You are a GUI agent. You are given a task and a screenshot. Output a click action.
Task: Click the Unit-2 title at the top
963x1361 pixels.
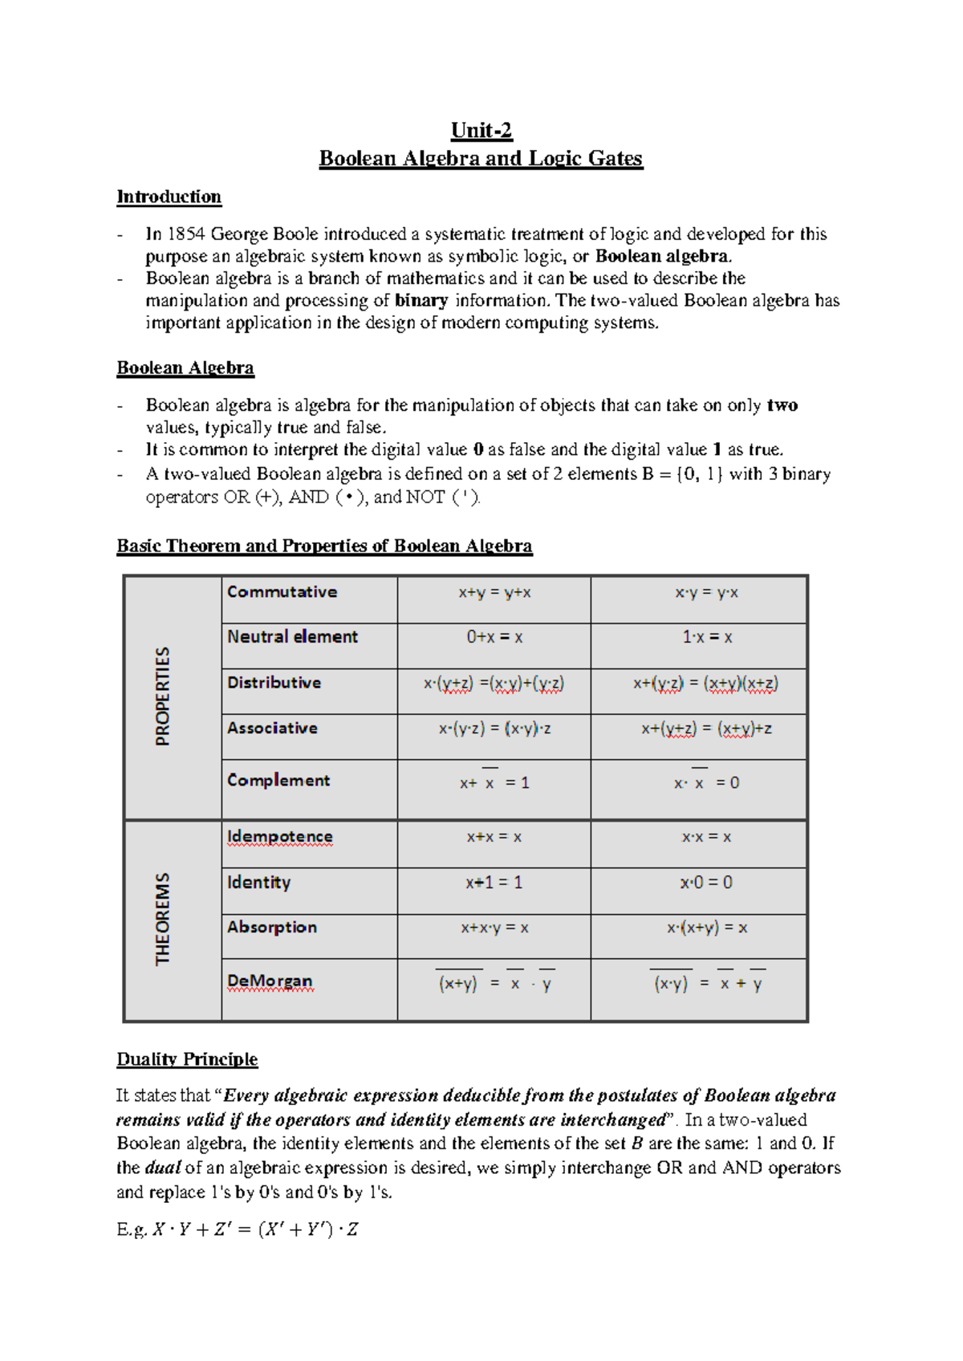pyautogui.click(x=481, y=131)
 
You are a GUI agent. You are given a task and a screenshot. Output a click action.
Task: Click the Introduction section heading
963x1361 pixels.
pyautogui.click(x=169, y=197)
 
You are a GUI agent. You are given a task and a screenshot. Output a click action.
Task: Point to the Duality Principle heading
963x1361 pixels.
pyautogui.click(x=187, y=1059)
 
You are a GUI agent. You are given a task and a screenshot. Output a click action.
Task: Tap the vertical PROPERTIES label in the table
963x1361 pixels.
pyautogui.click(x=163, y=697)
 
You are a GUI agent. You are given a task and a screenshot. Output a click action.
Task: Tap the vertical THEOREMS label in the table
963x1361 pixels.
pyautogui.click(x=163, y=920)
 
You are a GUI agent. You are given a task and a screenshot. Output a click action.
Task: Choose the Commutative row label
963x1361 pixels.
pyautogui.click(x=282, y=592)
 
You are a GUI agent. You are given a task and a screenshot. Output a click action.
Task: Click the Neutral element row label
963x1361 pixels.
pyautogui.click(x=292, y=637)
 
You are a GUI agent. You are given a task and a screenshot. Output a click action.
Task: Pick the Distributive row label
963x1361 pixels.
pyautogui.click(x=274, y=683)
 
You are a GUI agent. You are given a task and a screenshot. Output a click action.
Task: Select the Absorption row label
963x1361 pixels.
pyautogui.click(x=272, y=928)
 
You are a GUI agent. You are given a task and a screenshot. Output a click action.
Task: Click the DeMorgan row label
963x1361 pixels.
pyautogui.click(x=270, y=981)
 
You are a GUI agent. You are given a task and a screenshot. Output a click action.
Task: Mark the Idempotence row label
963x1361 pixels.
pyautogui.click(x=279, y=837)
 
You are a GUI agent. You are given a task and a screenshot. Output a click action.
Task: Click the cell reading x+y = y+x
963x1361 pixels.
pyautogui.click(x=494, y=593)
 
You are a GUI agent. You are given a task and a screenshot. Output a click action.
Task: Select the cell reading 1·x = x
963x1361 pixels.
pyautogui.click(x=707, y=638)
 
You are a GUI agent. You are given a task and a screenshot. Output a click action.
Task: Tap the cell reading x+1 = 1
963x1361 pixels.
pyautogui.click(x=494, y=883)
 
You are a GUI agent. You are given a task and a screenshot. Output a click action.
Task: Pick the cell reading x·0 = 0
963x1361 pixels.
pyautogui.click(x=706, y=883)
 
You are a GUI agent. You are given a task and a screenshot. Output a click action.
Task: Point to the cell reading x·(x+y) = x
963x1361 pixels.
pyautogui.click(x=707, y=928)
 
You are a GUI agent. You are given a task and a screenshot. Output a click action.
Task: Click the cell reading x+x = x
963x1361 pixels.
pyautogui.click(x=494, y=837)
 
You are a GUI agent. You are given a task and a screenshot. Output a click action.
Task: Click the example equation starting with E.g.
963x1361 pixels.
pyautogui.click(x=238, y=1229)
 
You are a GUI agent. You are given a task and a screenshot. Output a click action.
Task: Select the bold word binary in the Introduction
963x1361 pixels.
pyautogui.click(x=421, y=301)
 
